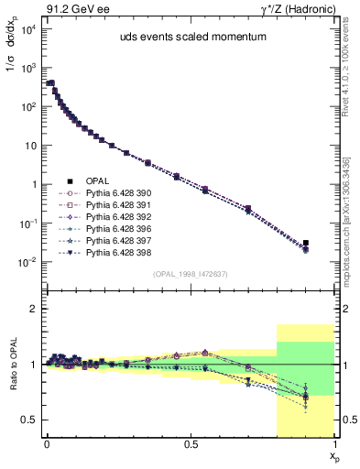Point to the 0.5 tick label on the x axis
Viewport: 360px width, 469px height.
(x=191, y=442)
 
